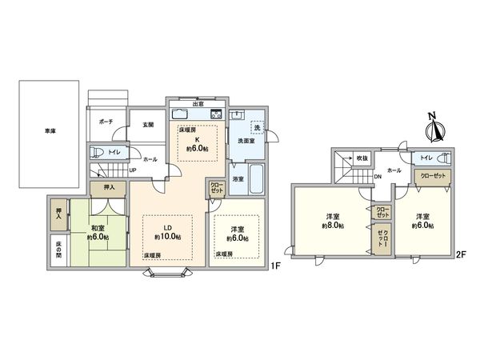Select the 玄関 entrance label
click(148, 124)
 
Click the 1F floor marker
click(274, 265)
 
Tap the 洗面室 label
click(246, 142)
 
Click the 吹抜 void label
click(362, 158)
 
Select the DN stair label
click(378, 189)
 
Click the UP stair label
click(132, 170)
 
